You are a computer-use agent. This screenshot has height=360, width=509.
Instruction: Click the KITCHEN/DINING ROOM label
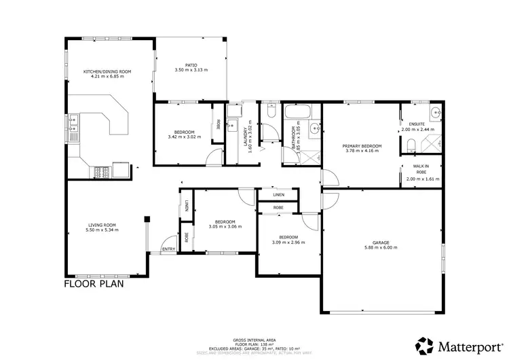point(107,71)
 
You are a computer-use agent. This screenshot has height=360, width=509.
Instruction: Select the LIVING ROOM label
point(102,225)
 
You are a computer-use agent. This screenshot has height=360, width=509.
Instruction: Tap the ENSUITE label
point(416,124)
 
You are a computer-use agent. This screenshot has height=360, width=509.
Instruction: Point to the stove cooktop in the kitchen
point(100,170)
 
